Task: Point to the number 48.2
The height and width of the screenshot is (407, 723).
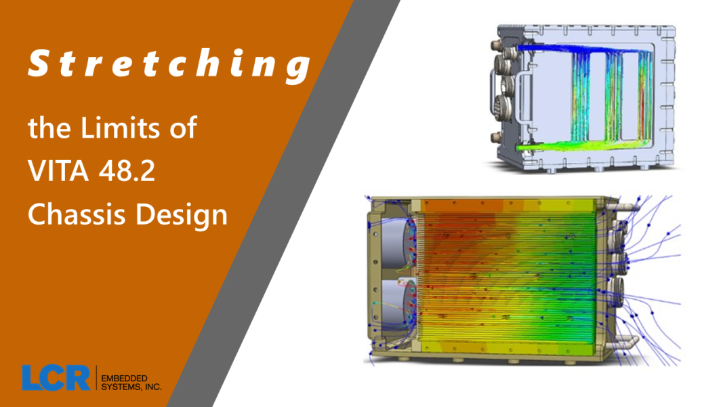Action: pyautogui.click(x=127, y=171)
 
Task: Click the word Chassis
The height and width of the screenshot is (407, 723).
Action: pyautogui.click(x=76, y=214)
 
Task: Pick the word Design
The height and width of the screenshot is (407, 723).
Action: pyautogui.click(x=182, y=216)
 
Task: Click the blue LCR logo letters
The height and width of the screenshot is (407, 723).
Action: pyautogui.click(x=56, y=377)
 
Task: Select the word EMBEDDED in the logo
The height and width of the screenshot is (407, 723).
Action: pyautogui.click(x=124, y=379)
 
